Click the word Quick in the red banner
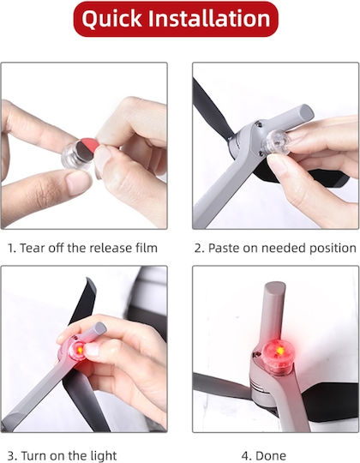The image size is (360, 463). click(x=111, y=19)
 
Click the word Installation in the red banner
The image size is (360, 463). click(x=209, y=18)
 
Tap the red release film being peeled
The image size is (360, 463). click(x=88, y=143)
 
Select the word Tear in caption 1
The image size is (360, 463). click(x=33, y=248)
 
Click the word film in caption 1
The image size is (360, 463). click(x=147, y=248)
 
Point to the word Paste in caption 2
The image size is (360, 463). click(x=224, y=248)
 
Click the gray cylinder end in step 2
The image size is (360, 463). click(x=306, y=111)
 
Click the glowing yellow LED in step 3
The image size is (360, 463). click(x=80, y=350)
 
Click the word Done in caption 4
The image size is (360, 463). click(x=271, y=455)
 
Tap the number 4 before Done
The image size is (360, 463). click(x=246, y=455)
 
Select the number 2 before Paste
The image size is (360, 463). click(x=199, y=248)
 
